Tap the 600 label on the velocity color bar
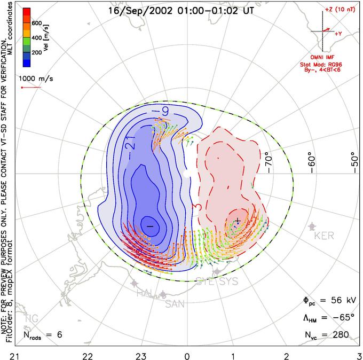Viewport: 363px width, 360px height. (x=36, y=23)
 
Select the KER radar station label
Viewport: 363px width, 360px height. (x=325, y=236)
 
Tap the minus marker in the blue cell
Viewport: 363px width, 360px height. (x=149, y=226)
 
